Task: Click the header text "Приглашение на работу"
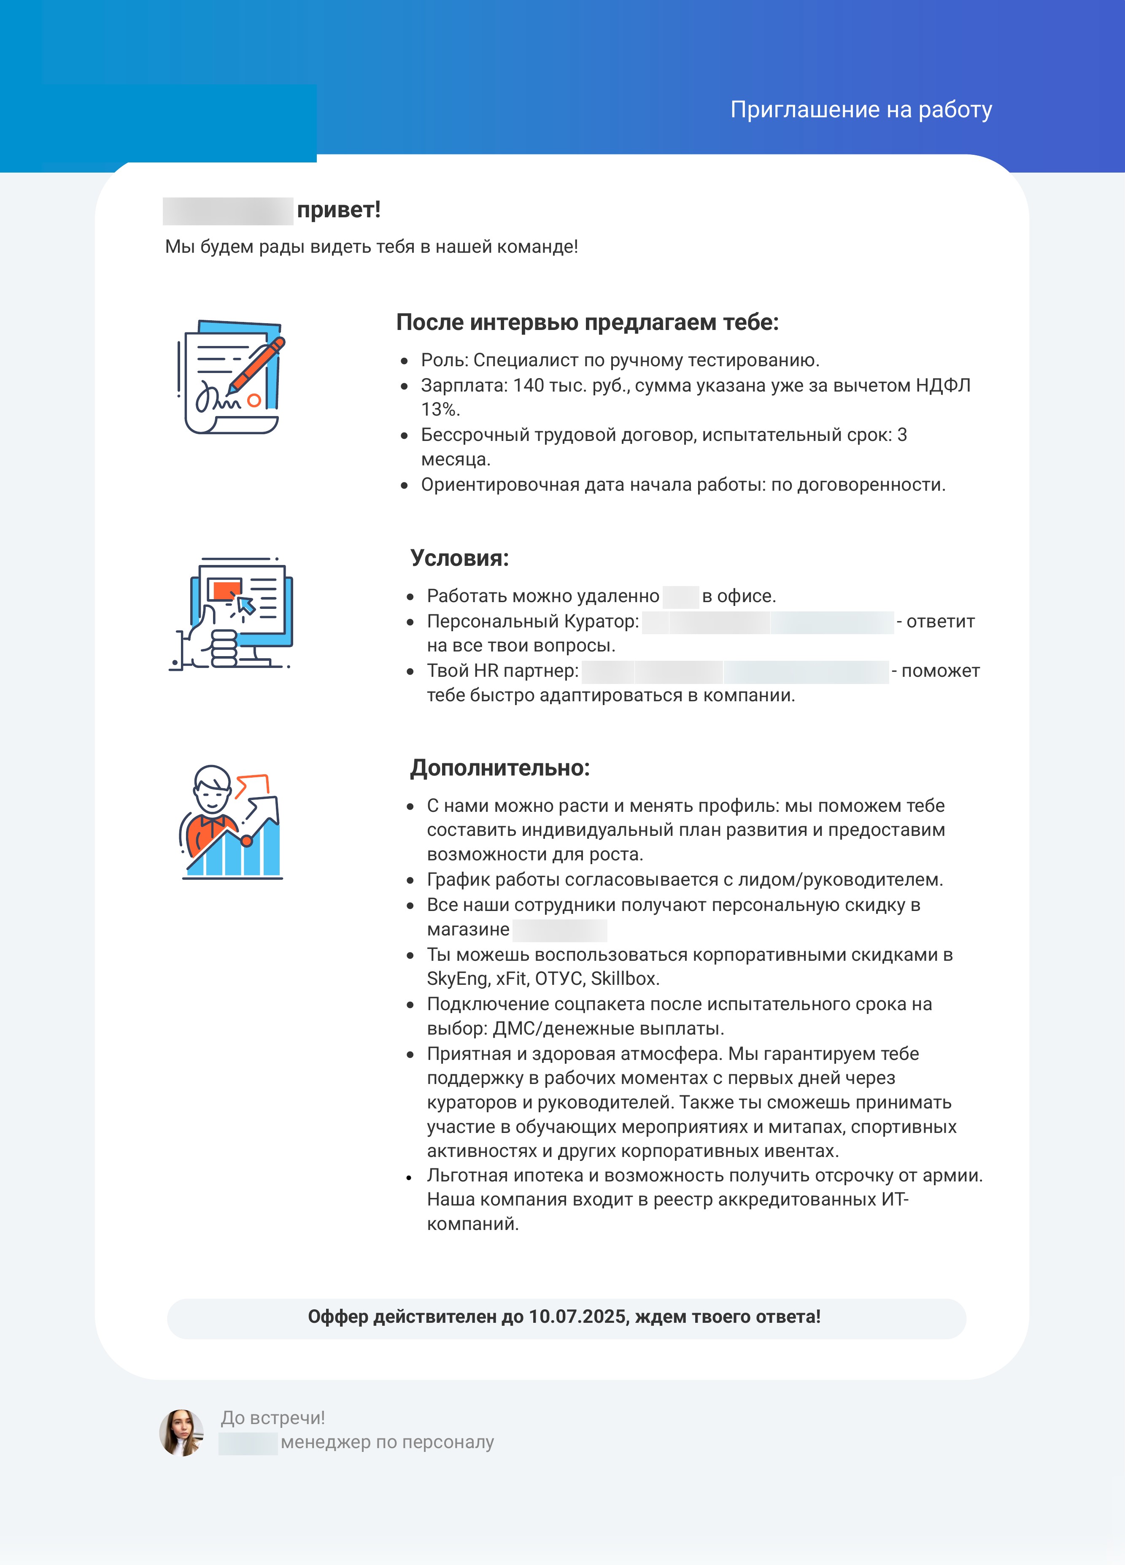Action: coord(861,110)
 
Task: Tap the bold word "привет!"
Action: coord(339,210)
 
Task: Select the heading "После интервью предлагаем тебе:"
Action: coord(587,322)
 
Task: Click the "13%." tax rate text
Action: coord(440,410)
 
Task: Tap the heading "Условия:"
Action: coord(459,558)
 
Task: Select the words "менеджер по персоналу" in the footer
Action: coord(387,1442)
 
